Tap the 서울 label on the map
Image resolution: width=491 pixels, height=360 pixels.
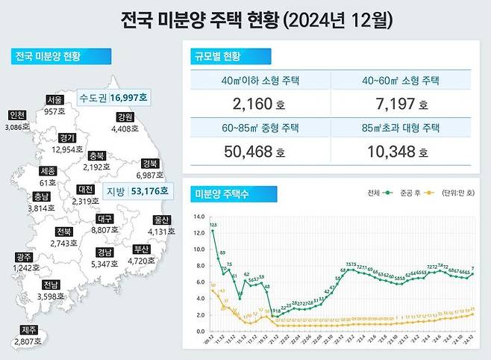pyautogui.click(x=54, y=99)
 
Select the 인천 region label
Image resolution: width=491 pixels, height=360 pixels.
pyautogui.click(x=17, y=115)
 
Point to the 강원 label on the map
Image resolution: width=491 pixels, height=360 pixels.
pyautogui.click(x=125, y=117)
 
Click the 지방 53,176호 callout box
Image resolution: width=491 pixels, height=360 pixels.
pyautogui.click(x=137, y=192)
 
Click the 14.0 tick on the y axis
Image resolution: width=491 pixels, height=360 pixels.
pyautogui.click(x=198, y=217)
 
